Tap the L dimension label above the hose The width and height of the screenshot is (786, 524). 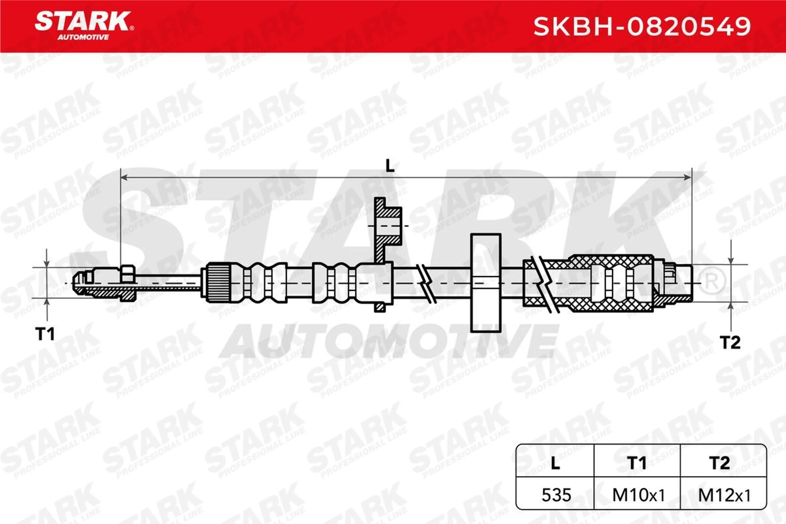390,166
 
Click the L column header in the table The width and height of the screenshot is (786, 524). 555,463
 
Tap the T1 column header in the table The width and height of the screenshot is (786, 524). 637,463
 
